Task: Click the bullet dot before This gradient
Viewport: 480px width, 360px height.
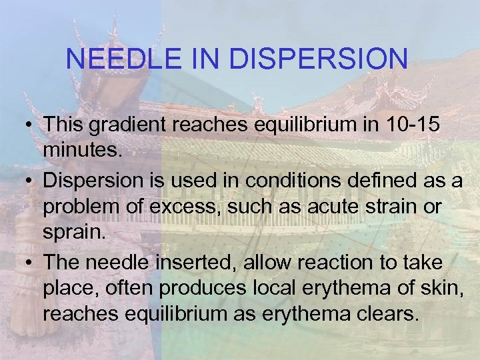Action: (x=30, y=125)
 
